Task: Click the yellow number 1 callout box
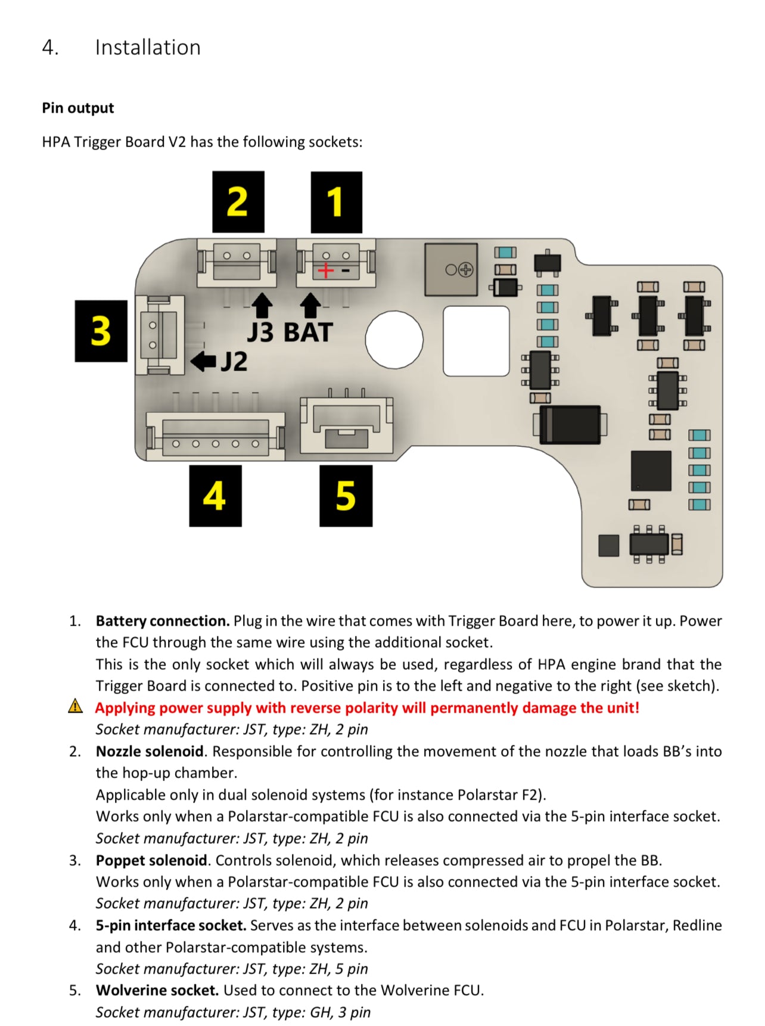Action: (336, 202)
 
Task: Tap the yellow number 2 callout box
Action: (238, 201)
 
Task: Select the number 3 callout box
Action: (101, 331)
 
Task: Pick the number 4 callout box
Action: (215, 496)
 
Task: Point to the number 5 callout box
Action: (346, 496)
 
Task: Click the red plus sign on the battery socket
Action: (325, 271)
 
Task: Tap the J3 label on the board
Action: (260, 332)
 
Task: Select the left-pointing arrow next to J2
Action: (203, 361)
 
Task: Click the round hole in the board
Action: (394, 340)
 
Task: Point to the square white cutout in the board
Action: (476, 341)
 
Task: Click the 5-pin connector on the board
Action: (215, 437)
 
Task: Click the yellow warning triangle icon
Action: (76, 707)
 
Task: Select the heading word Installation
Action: (148, 48)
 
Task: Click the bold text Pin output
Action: (77, 108)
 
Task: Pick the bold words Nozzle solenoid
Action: (150, 751)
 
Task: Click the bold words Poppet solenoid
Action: (151, 860)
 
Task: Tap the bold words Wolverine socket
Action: (157, 990)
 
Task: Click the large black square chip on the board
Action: (651, 471)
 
